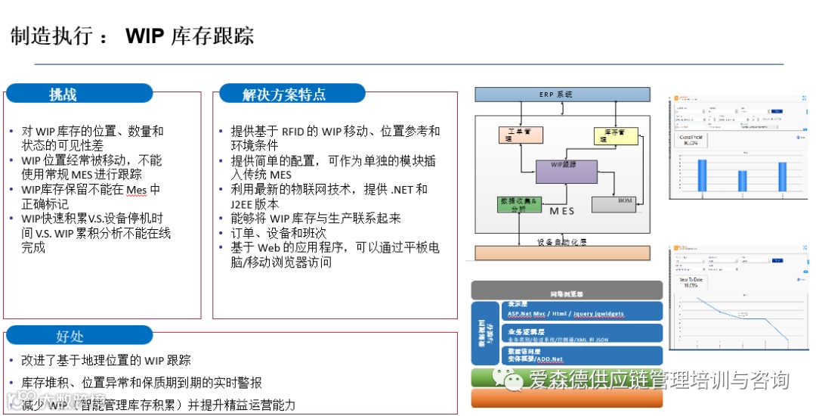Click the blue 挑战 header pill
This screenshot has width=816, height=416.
63,95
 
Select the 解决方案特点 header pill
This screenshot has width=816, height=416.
284,95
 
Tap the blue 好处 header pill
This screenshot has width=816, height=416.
70,337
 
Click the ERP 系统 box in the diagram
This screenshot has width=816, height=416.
561,95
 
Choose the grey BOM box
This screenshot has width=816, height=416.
614,203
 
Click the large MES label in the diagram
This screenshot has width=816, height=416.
562,212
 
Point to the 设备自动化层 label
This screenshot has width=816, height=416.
563,242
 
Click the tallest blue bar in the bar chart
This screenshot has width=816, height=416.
701,175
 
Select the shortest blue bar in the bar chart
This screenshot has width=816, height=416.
742,181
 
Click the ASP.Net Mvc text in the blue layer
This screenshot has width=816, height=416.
527,314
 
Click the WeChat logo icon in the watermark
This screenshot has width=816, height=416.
515,380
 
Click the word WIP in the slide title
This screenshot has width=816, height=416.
145,36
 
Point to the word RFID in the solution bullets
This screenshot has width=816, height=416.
292,132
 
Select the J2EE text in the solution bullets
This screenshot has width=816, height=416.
246,204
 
